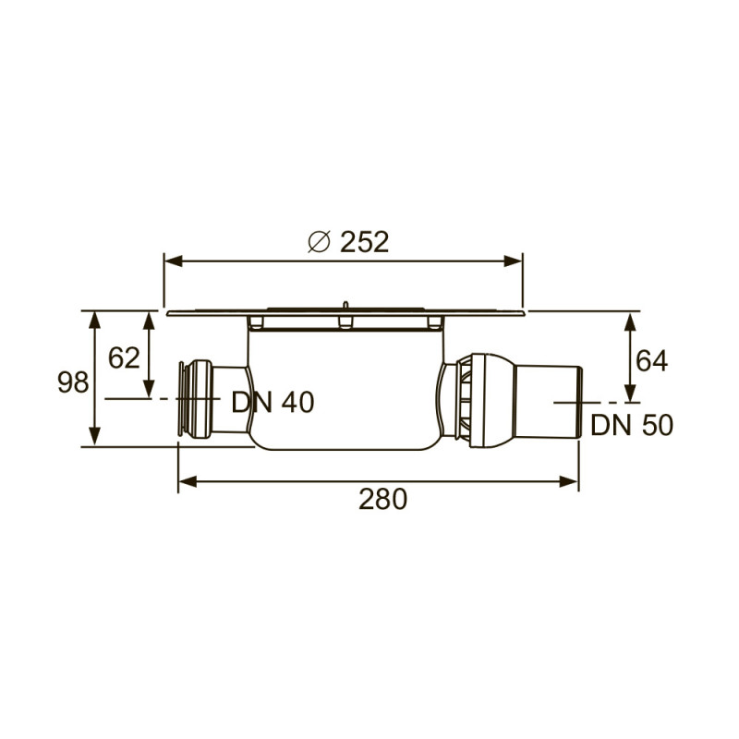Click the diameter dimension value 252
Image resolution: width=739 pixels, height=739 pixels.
click(364, 242)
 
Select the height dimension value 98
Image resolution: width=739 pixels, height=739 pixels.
click(73, 382)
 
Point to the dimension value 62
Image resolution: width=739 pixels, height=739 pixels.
click(124, 357)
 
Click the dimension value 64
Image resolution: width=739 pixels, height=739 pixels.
click(650, 359)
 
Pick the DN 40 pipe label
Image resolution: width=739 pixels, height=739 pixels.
click(273, 402)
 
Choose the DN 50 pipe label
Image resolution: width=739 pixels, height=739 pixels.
click(632, 425)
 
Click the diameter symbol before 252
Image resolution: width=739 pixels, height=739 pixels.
click(318, 242)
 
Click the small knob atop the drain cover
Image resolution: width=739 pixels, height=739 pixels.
click(344, 304)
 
